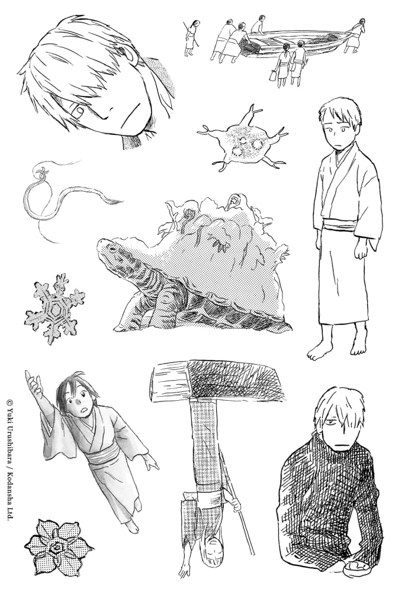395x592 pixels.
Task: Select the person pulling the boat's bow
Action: tap(355, 37)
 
